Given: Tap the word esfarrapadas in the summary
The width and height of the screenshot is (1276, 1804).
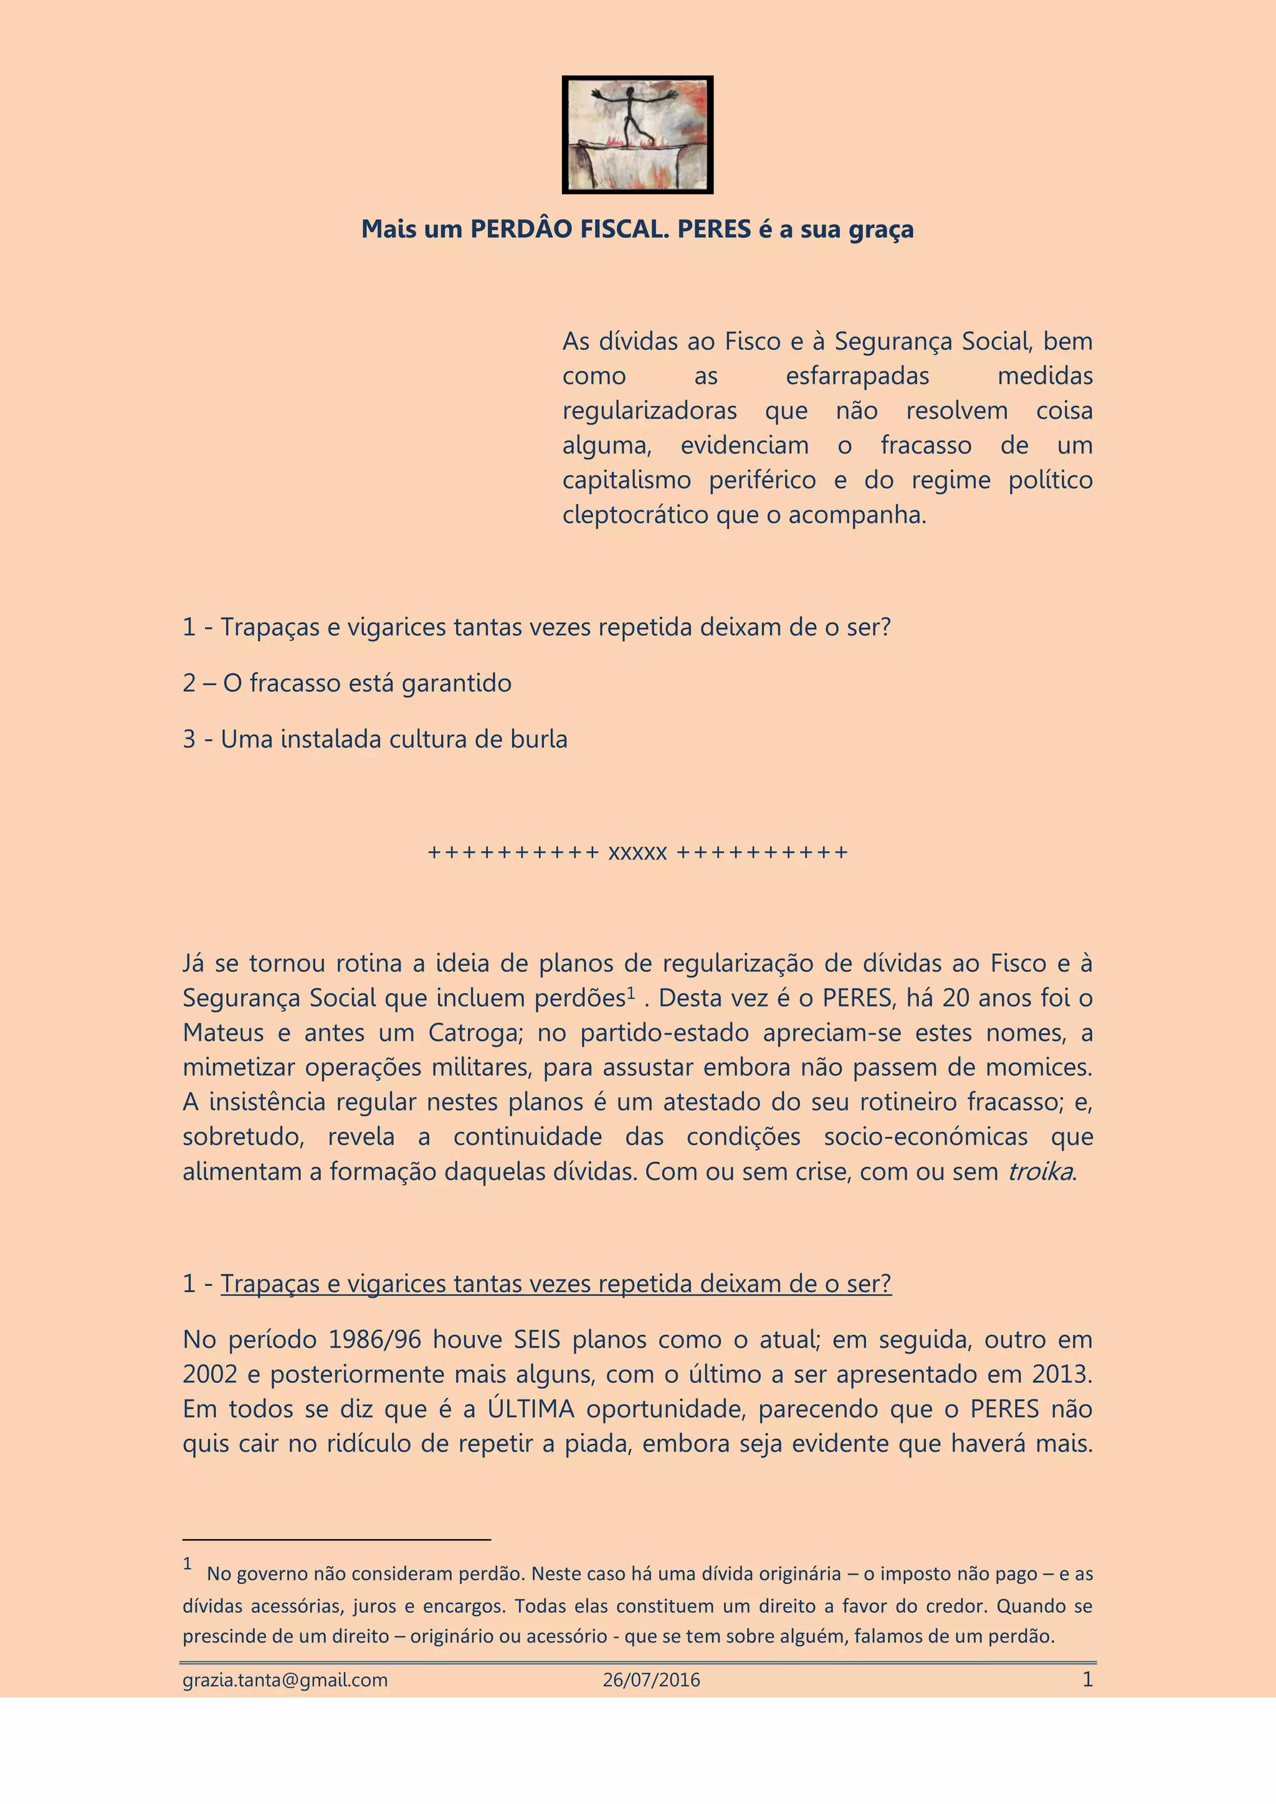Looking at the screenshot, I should pyautogui.click(x=857, y=376).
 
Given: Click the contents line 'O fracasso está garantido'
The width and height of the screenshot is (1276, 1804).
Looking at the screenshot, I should pyautogui.click(x=347, y=683).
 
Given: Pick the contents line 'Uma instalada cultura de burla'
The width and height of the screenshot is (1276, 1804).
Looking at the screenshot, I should pyautogui.click(x=375, y=739).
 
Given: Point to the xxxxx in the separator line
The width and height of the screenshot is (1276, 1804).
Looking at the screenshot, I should pyautogui.click(x=637, y=853).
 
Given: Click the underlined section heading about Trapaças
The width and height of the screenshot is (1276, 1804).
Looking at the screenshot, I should pyautogui.click(x=556, y=1283).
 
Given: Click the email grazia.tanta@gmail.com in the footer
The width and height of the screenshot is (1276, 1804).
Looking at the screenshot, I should pyautogui.click(x=285, y=1680).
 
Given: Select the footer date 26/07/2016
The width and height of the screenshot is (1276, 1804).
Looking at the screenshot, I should pyautogui.click(x=651, y=1680).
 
